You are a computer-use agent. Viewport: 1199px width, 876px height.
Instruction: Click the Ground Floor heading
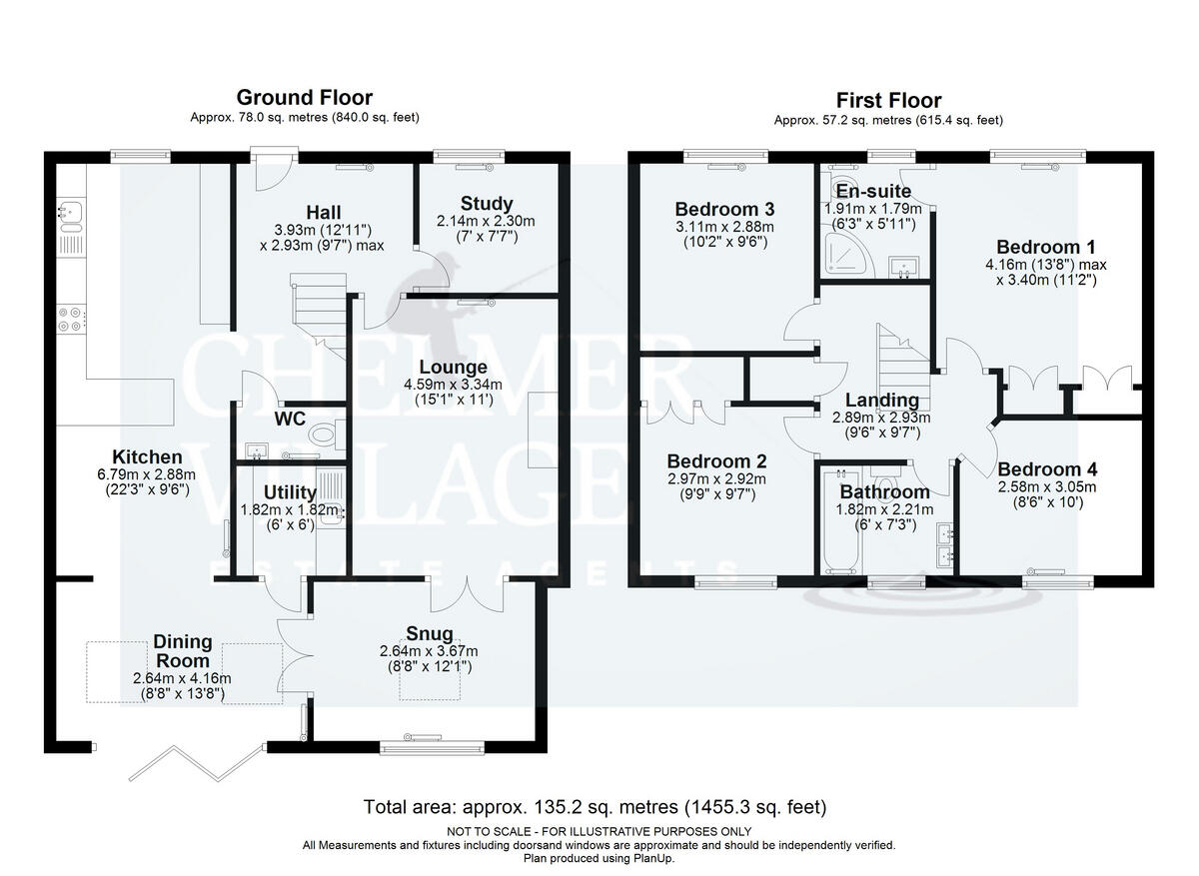tap(305, 98)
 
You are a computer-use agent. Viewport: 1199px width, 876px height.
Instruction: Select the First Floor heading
tap(888, 101)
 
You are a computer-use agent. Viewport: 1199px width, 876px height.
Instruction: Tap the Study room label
tap(487, 204)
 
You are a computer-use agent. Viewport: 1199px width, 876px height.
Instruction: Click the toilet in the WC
tap(327, 434)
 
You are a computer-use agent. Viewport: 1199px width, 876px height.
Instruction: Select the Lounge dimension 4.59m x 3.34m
tap(453, 385)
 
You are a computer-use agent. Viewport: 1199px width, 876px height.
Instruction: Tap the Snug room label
tap(430, 633)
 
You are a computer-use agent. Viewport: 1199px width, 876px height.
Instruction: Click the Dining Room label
tap(183, 651)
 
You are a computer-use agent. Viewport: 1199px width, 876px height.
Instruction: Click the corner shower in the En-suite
tap(847, 257)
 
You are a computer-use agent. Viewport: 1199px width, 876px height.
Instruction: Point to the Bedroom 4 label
tap(1047, 469)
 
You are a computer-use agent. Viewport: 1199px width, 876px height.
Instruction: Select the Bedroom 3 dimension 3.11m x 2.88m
tap(724, 227)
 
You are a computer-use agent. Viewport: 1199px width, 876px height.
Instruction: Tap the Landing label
tap(882, 401)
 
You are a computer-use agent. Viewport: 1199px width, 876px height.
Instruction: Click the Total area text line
tap(596, 806)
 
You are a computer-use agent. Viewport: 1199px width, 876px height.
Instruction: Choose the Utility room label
tap(290, 492)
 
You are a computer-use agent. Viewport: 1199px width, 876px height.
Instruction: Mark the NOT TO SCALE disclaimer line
tap(599, 832)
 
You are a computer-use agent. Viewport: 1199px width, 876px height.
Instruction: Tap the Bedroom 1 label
tap(1045, 248)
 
